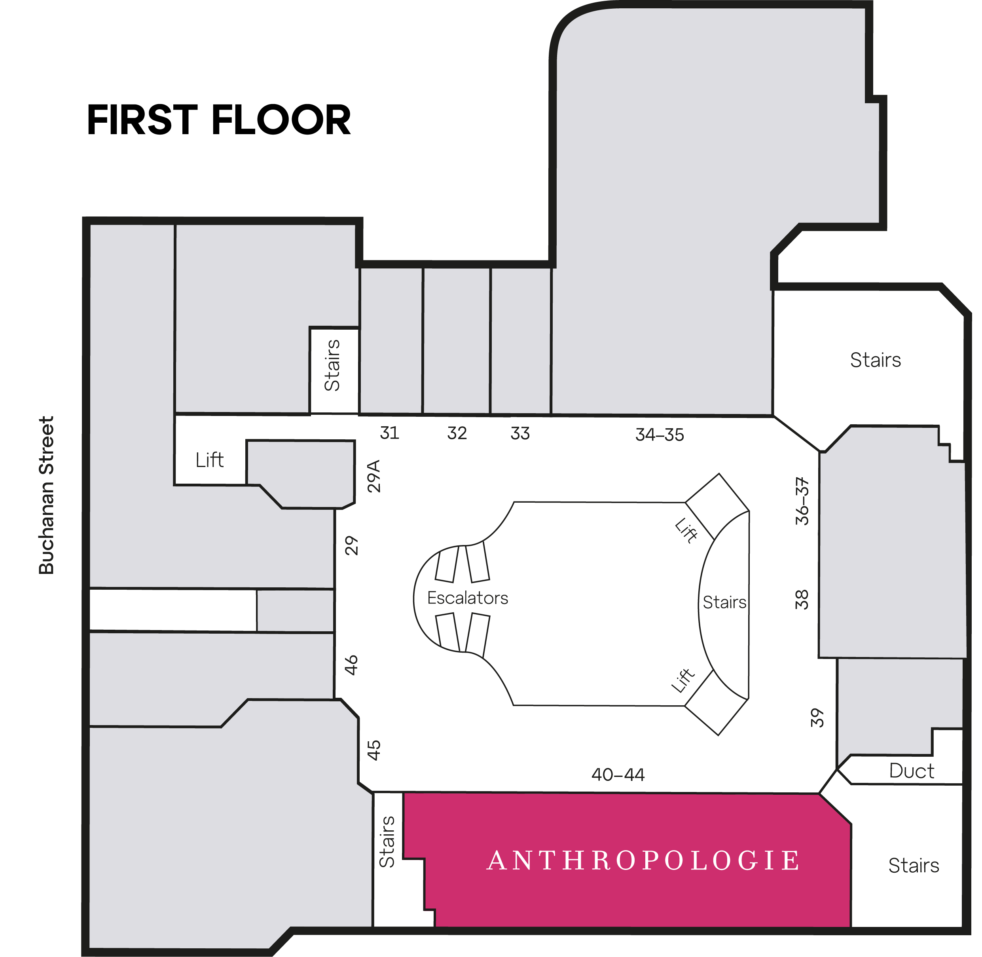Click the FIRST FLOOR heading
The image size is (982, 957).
219,120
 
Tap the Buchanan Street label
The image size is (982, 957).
46,495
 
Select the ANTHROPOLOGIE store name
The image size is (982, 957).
644,860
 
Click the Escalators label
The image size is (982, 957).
467,598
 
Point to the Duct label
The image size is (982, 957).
912,771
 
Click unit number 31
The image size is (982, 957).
389,433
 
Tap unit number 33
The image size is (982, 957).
520,433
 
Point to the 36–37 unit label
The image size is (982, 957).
802,501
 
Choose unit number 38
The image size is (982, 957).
802,600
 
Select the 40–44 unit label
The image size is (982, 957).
618,775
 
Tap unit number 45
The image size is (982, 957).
374,750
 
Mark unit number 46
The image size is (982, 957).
351,665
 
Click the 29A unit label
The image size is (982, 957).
374,476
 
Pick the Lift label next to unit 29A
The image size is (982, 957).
210,460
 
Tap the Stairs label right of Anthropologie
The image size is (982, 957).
914,866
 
